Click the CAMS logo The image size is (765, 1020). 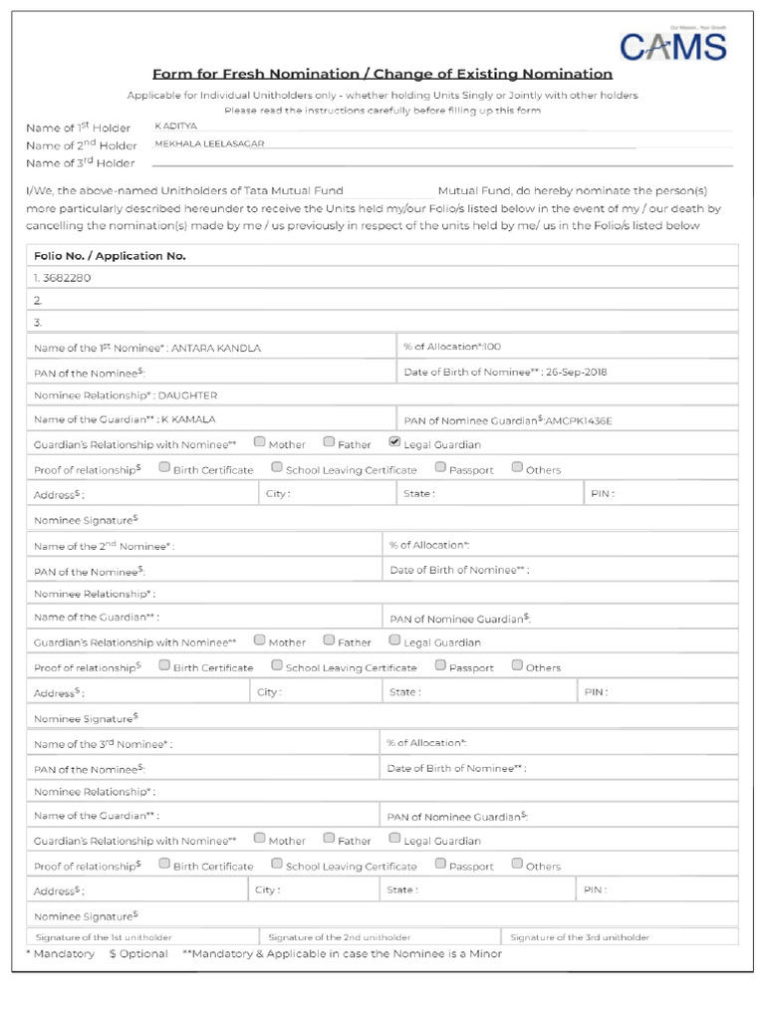[x=672, y=46]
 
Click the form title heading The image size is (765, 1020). [x=382, y=74]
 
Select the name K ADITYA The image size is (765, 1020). [x=177, y=127]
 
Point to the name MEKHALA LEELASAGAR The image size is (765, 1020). [x=209, y=143]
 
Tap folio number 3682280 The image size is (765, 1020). [x=67, y=278]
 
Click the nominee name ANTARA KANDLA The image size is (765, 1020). [x=215, y=349]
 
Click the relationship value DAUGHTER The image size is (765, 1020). [x=187, y=395]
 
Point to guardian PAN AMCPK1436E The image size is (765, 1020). [x=579, y=421]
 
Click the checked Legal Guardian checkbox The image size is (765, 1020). [x=394, y=442]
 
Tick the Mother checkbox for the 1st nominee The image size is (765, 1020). [x=260, y=442]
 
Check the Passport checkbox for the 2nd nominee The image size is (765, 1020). [x=440, y=664]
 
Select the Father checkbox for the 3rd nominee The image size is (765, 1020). [x=329, y=839]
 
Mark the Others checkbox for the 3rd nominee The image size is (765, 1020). [x=517, y=864]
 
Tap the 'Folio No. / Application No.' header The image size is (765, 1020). [x=110, y=256]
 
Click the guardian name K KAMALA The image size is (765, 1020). [x=188, y=419]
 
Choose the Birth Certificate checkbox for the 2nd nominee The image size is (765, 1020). [x=164, y=664]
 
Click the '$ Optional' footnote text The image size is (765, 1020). [x=137, y=954]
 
